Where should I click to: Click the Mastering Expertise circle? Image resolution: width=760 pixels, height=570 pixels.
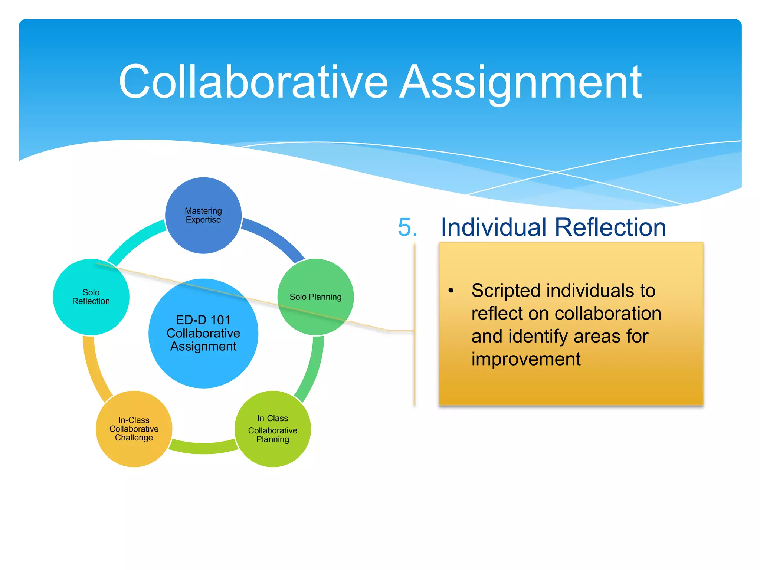(x=203, y=216)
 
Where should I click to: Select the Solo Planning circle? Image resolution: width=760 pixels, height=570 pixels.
(x=315, y=297)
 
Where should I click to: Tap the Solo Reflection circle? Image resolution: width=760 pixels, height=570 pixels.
(x=91, y=297)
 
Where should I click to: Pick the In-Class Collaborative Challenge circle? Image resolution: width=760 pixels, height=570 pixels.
(x=134, y=429)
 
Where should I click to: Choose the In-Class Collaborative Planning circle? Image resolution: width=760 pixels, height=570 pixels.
(x=273, y=429)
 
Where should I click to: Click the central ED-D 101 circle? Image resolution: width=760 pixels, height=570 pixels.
(x=203, y=333)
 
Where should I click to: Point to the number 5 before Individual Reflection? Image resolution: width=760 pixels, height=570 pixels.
(x=407, y=227)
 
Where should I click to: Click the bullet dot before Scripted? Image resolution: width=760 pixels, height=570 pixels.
(x=451, y=291)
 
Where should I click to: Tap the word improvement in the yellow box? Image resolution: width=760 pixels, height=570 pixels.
(x=526, y=359)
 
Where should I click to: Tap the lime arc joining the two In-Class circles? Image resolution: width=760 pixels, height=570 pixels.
(x=203, y=448)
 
